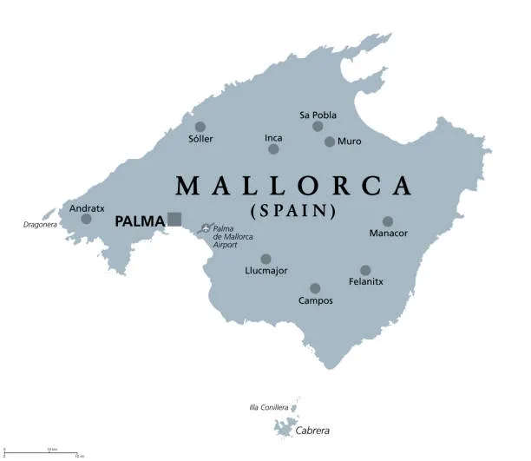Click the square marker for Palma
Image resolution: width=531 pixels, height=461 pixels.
tap(174, 219)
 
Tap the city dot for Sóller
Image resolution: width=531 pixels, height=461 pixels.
tap(200, 127)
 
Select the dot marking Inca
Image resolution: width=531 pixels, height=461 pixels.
tap(273, 149)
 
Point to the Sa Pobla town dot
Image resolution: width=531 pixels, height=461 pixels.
tap(318, 127)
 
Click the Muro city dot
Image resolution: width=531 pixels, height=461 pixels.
tap(330, 142)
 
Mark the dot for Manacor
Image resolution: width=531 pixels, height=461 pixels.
tap(388, 221)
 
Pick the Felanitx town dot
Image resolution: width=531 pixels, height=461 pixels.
tap(365, 270)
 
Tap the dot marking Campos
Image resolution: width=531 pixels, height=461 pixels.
tap(315, 288)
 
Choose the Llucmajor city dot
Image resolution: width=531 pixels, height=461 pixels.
tap(265, 259)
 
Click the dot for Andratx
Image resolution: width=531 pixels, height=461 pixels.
tap(86, 219)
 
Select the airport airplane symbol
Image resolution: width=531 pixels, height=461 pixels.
tap(206, 228)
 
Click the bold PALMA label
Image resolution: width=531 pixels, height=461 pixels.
tap(140, 221)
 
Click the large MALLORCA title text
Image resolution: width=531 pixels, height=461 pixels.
tap(293, 185)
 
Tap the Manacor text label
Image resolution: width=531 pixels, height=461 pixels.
tap(388, 234)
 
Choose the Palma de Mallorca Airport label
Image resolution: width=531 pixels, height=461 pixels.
tap(233, 236)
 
